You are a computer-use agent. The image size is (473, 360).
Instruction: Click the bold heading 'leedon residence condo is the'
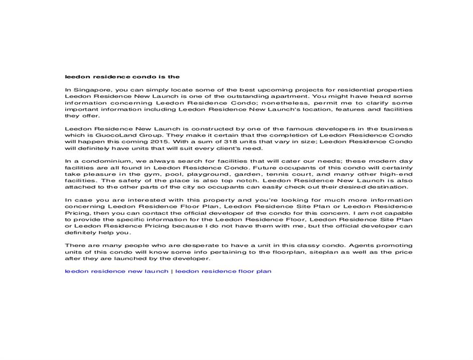click(122, 77)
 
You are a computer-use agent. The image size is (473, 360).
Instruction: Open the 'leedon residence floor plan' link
click(223, 271)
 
